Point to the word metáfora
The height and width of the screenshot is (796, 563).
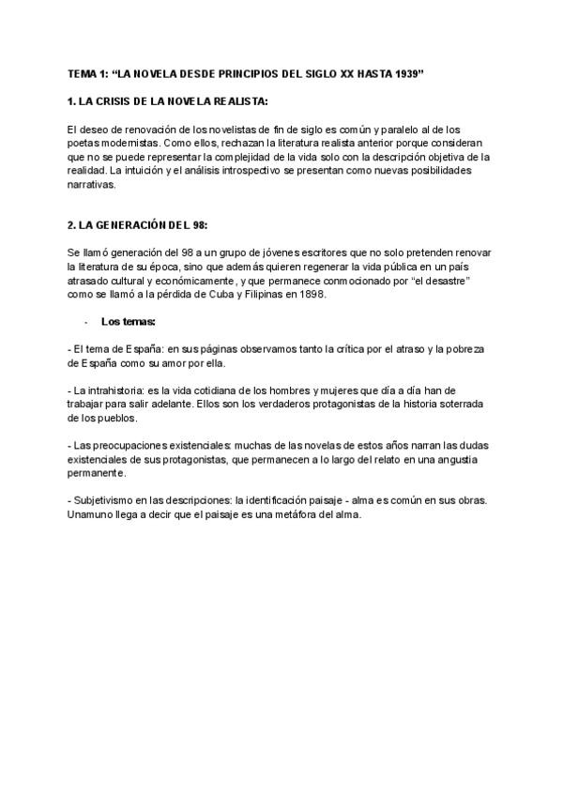[291, 515]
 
